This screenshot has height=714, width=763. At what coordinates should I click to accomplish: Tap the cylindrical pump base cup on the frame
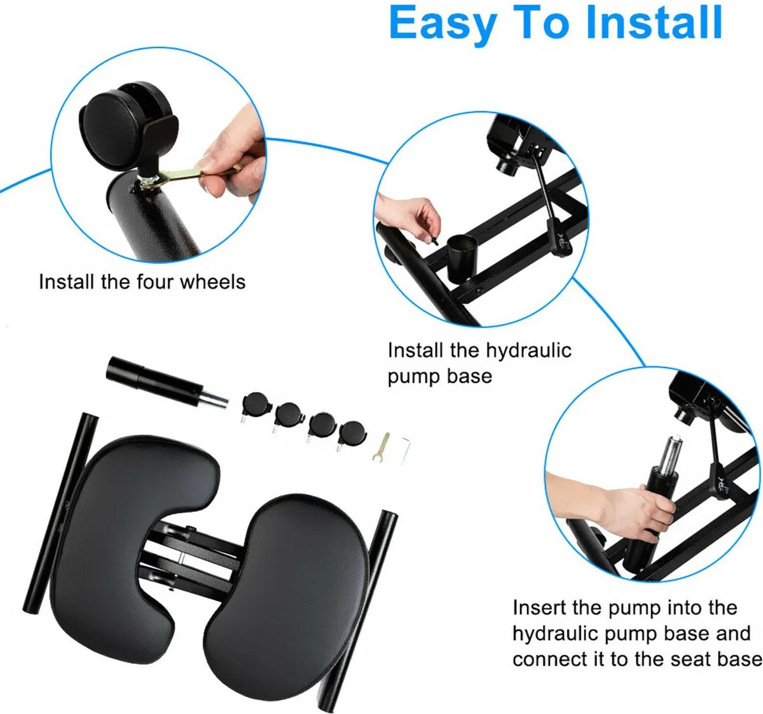coord(462,259)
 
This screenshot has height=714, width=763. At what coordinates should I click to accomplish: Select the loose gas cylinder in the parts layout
coord(167,381)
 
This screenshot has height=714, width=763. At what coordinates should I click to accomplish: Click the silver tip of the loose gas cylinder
coord(214,399)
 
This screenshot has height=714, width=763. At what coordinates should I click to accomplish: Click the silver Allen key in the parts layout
coord(406,450)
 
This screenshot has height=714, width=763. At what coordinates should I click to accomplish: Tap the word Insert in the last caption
coord(539,608)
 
